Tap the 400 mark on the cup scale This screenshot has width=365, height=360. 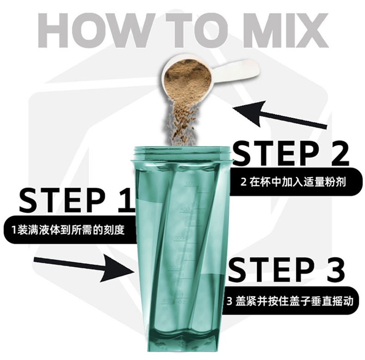(x=185, y=209)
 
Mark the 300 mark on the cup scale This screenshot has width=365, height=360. (x=180, y=238)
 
